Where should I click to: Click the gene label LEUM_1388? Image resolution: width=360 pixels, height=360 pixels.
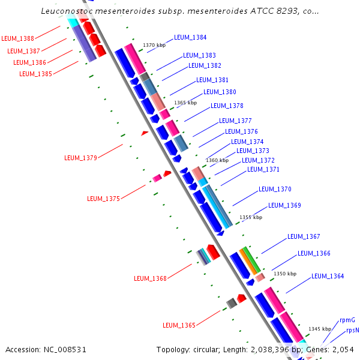pyautogui.click(x=17, y=38)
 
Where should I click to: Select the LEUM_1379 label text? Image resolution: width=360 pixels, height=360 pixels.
pyautogui.click(x=80, y=158)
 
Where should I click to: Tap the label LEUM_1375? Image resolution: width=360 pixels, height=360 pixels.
pyautogui.click(x=103, y=199)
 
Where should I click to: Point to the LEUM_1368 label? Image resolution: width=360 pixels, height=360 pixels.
pyautogui.click(x=150, y=278)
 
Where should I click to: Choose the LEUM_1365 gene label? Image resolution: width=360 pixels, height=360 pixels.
pyautogui.click(x=179, y=325)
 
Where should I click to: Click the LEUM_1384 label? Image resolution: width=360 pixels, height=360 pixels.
pyautogui.click(x=190, y=37)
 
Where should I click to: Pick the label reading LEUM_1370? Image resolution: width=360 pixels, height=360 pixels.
pyautogui.click(x=275, y=190)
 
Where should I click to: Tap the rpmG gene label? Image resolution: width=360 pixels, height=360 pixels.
pyautogui.click(x=347, y=320)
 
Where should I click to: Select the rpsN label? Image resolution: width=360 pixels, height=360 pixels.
pyautogui.click(x=352, y=331)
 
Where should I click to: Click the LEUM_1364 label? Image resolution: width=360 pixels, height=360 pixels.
pyautogui.click(x=328, y=277)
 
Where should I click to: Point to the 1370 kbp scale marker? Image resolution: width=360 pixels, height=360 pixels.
pyautogui.click(x=154, y=45)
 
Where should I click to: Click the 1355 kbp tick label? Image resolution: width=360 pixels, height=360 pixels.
pyautogui.click(x=251, y=217)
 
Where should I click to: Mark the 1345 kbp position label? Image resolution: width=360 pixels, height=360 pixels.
pyautogui.click(x=320, y=329)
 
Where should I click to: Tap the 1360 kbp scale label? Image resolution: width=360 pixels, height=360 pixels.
pyautogui.click(x=217, y=160)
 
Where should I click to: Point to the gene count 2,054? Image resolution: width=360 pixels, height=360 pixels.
pyautogui.click(x=344, y=349)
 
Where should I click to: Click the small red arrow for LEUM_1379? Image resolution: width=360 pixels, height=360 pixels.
pyautogui.click(x=145, y=133)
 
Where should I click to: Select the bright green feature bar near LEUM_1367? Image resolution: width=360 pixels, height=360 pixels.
pyautogui.click(x=253, y=259)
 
